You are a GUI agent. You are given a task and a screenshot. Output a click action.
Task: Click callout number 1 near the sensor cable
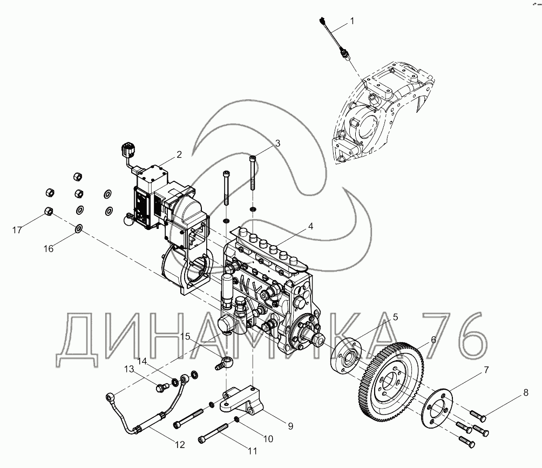click(352, 22)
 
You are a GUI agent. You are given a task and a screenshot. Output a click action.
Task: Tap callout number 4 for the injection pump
click(310, 226)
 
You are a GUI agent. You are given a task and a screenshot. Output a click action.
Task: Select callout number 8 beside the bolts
click(526, 392)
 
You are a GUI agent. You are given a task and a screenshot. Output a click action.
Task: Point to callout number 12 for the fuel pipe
click(180, 444)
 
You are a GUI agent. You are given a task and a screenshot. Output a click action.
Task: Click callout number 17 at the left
click(17, 230)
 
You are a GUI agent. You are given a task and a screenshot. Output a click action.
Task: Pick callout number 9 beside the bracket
click(290, 426)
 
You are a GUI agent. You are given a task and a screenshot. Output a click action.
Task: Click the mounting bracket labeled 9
click(242, 401)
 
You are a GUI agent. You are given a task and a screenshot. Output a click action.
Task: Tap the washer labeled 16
click(79, 228)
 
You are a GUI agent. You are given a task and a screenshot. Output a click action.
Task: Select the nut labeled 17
click(49, 211)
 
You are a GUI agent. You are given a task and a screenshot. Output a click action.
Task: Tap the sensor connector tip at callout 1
click(322, 19)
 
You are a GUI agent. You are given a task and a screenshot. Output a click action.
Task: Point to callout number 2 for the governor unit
click(179, 154)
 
